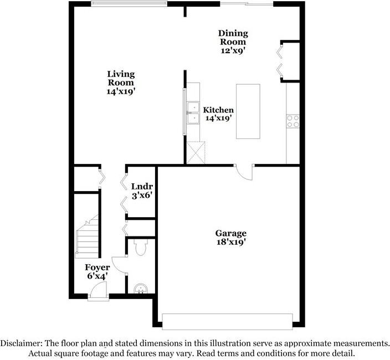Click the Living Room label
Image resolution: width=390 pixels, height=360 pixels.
[121, 83]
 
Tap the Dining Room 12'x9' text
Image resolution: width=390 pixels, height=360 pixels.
[233, 42]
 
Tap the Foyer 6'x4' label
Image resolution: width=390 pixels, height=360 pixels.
[97, 271]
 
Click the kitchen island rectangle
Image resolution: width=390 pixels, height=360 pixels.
[248, 111]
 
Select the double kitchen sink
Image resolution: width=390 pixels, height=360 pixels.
[193, 112]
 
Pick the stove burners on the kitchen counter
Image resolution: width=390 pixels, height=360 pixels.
[292, 121]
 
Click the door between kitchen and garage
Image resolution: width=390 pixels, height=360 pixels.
[244, 172]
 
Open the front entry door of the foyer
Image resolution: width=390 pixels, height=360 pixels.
[97, 290]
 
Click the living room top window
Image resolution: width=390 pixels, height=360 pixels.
[129, 4]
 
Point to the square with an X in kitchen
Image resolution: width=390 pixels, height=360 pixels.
[196, 152]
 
